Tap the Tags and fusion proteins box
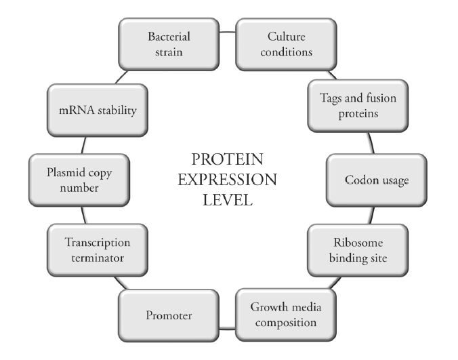[x=358, y=106]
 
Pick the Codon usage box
[x=377, y=181]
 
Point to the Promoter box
[x=169, y=315]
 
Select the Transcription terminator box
[x=98, y=249]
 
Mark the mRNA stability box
[x=98, y=110]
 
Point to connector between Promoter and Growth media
[x=227, y=332]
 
